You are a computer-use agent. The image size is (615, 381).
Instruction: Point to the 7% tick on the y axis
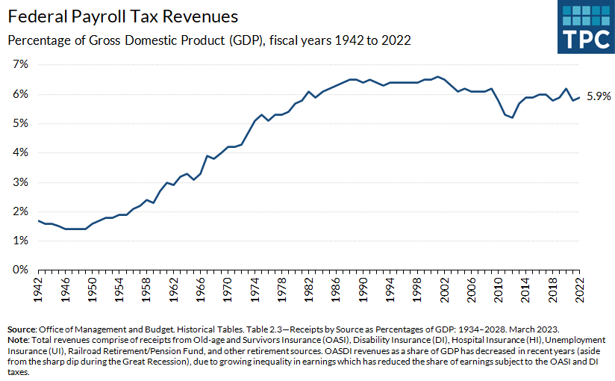coord(19,65)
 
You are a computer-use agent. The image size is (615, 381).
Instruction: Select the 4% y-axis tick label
coord(19,152)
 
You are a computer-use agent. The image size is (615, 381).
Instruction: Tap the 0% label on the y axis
coord(19,270)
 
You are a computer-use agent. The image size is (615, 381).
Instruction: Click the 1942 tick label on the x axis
coord(37,289)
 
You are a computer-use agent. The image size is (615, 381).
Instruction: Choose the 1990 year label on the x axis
coord(363,289)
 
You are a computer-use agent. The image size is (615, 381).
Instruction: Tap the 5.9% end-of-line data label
coord(598,96)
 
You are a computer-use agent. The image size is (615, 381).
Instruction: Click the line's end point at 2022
coord(580,96)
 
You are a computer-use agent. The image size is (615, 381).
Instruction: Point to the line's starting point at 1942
coord(37,220)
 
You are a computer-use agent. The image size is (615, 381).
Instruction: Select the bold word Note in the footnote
coord(19,340)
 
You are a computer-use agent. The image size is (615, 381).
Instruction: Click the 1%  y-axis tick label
coord(19,241)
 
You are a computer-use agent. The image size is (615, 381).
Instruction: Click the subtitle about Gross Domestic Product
coord(209,40)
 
